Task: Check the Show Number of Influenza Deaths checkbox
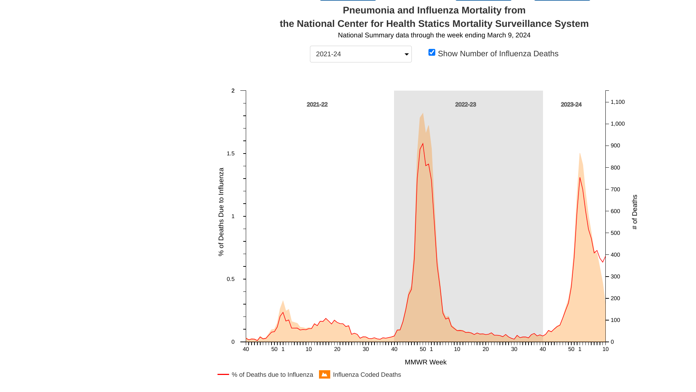[x=432, y=53]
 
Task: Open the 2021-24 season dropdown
[x=361, y=54]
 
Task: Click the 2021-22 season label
[x=317, y=105]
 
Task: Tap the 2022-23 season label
[x=465, y=105]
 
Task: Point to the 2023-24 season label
[x=571, y=105]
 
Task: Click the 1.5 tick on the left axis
[x=231, y=154]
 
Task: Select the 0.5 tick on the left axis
[x=231, y=279]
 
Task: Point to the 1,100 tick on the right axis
[x=618, y=102]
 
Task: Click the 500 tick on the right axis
[x=615, y=233]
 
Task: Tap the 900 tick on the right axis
[x=615, y=146]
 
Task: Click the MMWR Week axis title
[x=426, y=362]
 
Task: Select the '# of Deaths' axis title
[x=635, y=212]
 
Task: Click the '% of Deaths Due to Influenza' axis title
[x=221, y=212]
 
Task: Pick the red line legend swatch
[x=223, y=374]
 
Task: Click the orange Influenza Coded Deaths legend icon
[x=324, y=375]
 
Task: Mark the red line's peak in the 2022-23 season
[x=423, y=144]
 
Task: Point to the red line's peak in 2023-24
[x=580, y=177]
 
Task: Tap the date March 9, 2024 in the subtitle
[x=509, y=35]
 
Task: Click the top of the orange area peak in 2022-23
[x=423, y=113]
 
